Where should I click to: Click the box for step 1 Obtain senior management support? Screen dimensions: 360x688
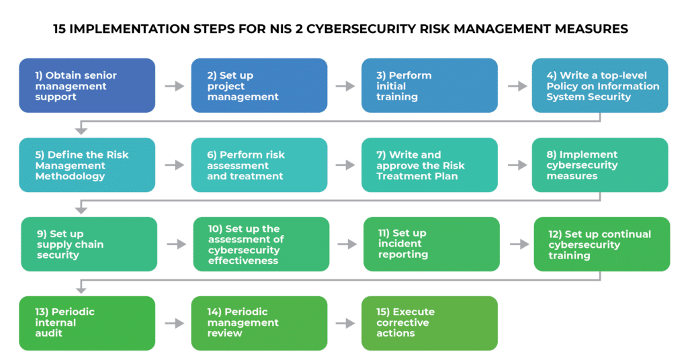[x=87, y=85]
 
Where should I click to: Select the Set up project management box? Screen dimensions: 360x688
[x=259, y=85]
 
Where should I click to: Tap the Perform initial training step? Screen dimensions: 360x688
[x=429, y=85]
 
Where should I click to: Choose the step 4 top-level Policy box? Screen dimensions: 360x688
[x=600, y=85]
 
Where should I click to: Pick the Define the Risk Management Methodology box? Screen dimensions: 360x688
[x=87, y=165]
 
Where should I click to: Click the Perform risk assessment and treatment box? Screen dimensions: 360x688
[x=259, y=165]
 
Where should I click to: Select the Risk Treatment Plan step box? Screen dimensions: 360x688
[x=429, y=165]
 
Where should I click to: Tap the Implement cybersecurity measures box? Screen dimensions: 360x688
[x=600, y=165]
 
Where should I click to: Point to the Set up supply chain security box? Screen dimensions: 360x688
[x=89, y=244]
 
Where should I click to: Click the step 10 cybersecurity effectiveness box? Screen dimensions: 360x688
[x=261, y=244]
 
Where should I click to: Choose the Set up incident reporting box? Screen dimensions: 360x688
[x=431, y=244]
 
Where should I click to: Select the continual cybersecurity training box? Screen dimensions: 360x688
[x=602, y=244]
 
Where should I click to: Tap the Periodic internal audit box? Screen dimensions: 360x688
[x=87, y=323]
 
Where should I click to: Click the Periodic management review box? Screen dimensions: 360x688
[x=259, y=323]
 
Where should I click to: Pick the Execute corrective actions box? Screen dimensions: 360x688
[x=429, y=323]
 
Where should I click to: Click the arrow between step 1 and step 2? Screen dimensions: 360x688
[x=174, y=86]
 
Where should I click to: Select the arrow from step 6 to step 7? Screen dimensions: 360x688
[x=345, y=165]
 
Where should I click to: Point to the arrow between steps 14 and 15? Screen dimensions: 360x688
[x=345, y=323]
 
